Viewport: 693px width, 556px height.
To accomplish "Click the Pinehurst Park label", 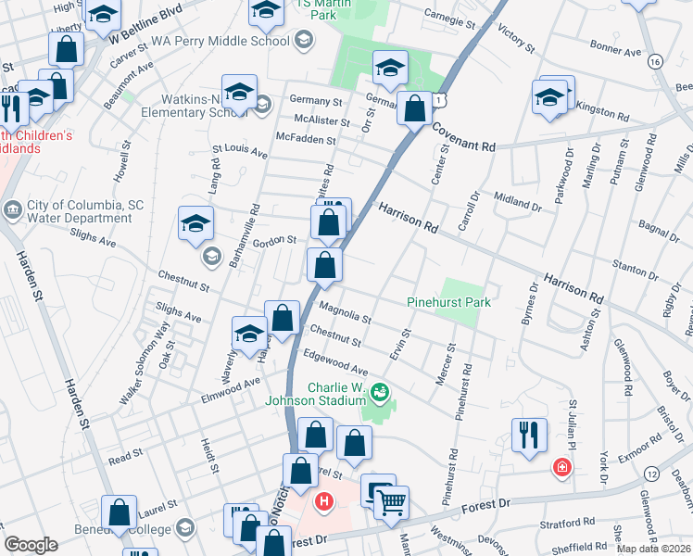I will click(x=448, y=302).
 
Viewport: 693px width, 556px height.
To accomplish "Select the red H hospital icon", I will click(x=323, y=503).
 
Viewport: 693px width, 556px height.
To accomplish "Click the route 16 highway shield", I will click(x=656, y=60).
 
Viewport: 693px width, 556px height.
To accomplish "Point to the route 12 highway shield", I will click(x=653, y=474).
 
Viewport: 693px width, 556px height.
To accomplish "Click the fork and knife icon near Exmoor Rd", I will click(x=528, y=434).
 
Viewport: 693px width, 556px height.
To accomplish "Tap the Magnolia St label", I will click(x=345, y=312).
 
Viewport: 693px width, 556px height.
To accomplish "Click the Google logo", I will click(x=31, y=545).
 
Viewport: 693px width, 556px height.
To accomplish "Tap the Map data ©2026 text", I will click(x=652, y=549).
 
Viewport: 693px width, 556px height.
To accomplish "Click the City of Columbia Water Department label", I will click(x=72, y=211).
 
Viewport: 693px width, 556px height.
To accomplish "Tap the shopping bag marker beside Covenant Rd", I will click(x=414, y=109).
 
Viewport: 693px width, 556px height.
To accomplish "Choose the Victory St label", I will click(x=516, y=39).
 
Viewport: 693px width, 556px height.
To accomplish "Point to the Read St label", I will click(x=126, y=456).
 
